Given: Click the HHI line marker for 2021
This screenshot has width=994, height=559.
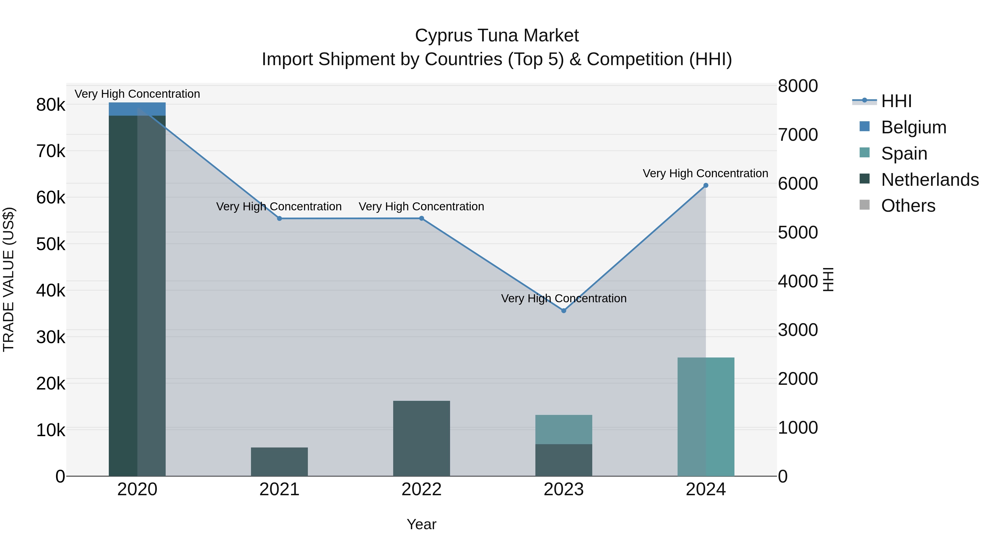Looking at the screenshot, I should pos(279,218).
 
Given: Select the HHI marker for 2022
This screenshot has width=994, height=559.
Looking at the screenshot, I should pos(421,218).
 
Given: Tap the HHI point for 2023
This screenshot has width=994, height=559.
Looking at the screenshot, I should pos(563,311).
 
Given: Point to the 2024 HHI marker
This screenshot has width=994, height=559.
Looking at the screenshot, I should pos(706,186).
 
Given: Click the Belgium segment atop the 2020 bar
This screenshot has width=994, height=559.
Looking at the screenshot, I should pos(137,109).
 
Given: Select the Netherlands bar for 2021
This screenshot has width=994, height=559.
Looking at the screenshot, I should pos(279,462).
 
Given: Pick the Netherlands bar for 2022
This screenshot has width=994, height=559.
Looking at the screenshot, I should pos(421,438).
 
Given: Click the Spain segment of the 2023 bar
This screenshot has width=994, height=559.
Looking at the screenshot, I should pos(563,429).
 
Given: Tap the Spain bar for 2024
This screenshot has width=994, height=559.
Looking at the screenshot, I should pos(706,417).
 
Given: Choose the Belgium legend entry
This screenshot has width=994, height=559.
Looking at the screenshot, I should pos(914,127).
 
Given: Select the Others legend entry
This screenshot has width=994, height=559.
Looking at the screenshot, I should pos(908,206).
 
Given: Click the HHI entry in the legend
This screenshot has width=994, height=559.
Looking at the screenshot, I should pos(896,101).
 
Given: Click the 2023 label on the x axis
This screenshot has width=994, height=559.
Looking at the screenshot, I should pos(563,489).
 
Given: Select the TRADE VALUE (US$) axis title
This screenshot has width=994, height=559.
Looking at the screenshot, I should pos(9,279).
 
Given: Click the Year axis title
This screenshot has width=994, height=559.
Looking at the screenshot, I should pos(421,524).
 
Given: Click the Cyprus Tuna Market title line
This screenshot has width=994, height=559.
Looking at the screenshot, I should pos(497,36).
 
